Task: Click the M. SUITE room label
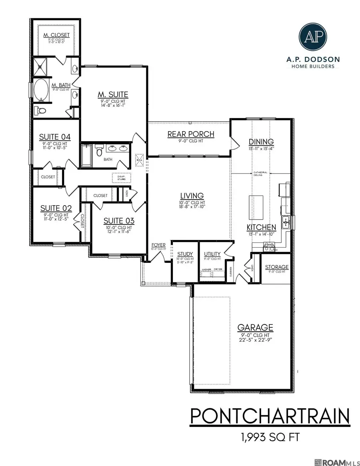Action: tap(113, 94)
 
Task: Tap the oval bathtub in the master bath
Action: tap(42, 89)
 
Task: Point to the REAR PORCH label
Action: tap(191, 134)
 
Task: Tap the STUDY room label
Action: tap(185, 254)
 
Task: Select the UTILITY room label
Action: tap(212, 254)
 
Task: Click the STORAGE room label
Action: tap(277, 267)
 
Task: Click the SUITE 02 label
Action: tap(56, 208)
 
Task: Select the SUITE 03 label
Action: tap(119, 221)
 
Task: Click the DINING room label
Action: tap(261, 142)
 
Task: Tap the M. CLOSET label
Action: tap(56, 35)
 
